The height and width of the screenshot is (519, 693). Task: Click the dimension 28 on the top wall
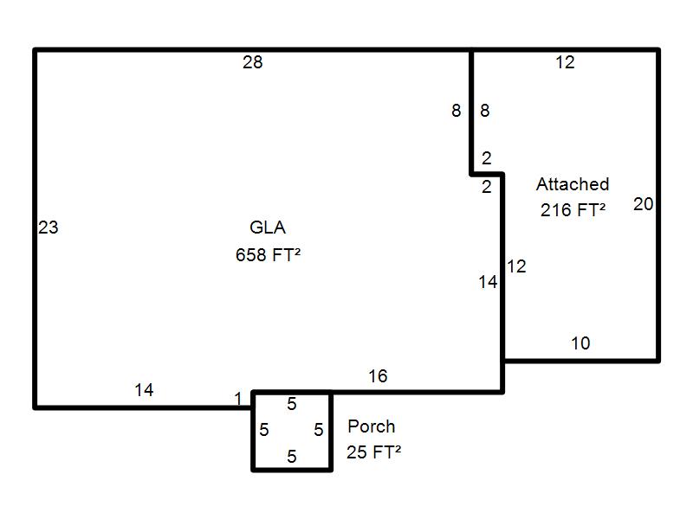pos(252,62)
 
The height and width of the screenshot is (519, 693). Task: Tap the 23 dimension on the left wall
pos(49,227)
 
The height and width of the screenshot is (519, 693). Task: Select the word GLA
pos(268,227)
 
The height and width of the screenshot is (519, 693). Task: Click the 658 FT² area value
pos(268,254)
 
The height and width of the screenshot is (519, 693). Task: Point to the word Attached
pos(573,184)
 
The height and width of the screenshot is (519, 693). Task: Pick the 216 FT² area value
pos(573,209)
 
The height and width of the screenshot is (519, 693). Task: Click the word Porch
pos(372,426)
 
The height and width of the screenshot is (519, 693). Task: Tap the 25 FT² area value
pos(373,452)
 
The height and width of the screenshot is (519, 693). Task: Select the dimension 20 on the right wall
pos(643,204)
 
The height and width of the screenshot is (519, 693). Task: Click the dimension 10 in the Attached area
pos(580,343)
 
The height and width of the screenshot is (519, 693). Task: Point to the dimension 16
pos(378,376)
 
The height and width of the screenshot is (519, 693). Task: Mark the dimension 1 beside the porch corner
pos(237,399)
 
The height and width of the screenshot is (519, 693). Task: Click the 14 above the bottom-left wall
pos(144,390)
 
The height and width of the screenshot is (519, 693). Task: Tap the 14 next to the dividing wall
pos(488,282)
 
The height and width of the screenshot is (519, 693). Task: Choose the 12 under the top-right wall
pos(565,62)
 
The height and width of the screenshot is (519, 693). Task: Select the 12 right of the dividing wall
pos(516,266)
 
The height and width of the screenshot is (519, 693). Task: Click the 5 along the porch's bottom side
pos(292,457)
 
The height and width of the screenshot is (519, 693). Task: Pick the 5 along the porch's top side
pos(292,404)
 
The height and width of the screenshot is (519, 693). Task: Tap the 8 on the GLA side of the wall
pos(457,111)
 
